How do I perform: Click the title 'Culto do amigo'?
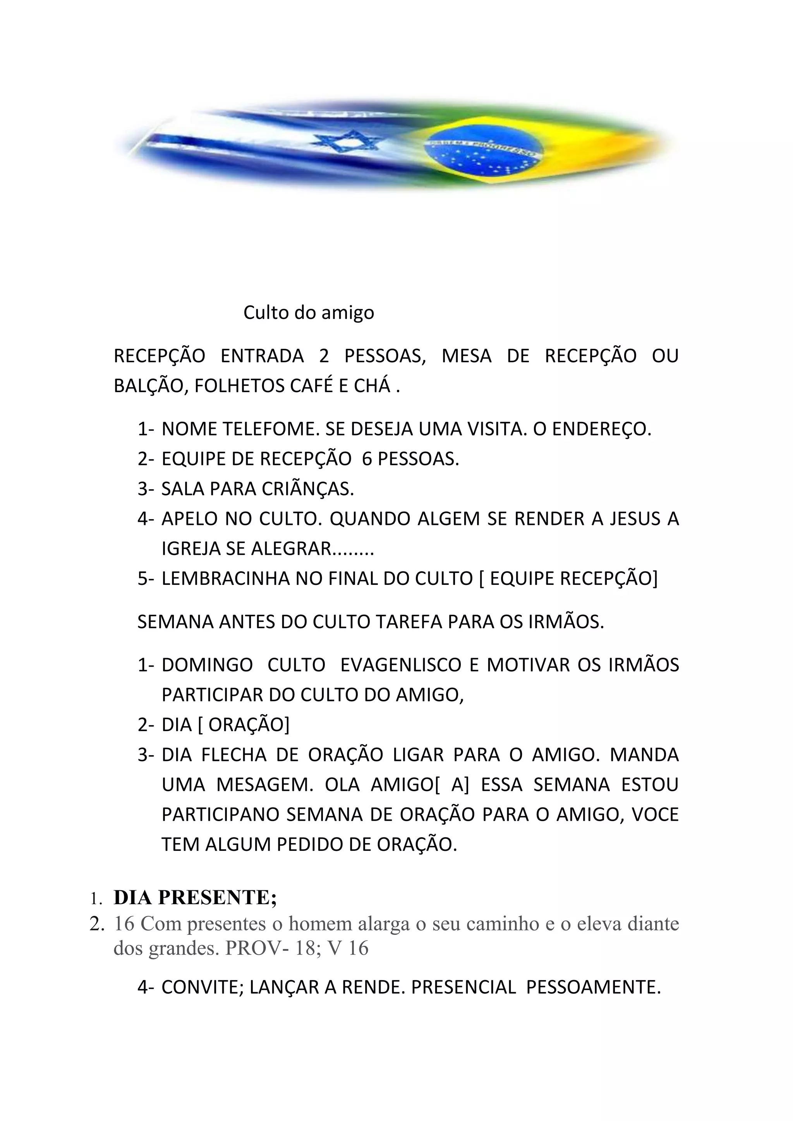coord(309,312)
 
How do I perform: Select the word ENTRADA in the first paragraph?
coord(262,356)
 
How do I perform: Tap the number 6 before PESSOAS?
coord(367,459)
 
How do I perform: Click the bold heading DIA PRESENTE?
coord(195,897)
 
